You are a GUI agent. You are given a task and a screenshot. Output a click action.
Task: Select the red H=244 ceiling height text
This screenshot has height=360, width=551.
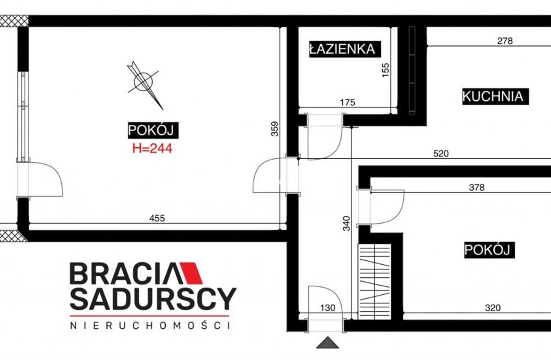(153, 148)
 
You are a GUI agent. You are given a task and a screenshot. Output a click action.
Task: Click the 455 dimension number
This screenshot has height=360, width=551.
(157, 218)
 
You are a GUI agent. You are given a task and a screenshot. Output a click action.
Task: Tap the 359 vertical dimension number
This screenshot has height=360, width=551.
(275, 129)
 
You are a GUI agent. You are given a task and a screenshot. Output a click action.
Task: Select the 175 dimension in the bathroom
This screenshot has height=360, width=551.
(348, 102)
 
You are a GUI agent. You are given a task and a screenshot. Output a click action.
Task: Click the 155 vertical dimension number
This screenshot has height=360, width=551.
(386, 70)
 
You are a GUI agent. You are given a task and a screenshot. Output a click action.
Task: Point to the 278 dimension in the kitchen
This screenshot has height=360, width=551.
(505, 41)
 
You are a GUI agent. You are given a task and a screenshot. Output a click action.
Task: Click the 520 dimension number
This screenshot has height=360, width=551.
(441, 154)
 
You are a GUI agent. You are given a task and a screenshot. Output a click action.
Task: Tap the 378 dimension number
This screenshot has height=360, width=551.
(477, 188)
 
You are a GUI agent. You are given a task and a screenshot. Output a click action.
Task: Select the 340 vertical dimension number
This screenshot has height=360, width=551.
(346, 223)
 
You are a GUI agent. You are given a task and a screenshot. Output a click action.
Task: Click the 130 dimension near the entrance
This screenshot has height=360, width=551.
(328, 307)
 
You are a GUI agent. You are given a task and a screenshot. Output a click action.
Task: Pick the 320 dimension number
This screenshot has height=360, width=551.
(493, 307)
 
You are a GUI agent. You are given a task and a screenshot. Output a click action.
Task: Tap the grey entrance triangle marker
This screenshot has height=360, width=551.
(328, 343)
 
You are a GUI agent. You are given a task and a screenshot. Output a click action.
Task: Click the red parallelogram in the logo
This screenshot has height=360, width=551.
(191, 273)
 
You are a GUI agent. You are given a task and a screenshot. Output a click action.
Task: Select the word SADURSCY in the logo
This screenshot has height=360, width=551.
(153, 299)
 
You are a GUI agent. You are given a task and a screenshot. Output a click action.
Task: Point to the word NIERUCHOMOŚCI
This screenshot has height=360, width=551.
(150, 326)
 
